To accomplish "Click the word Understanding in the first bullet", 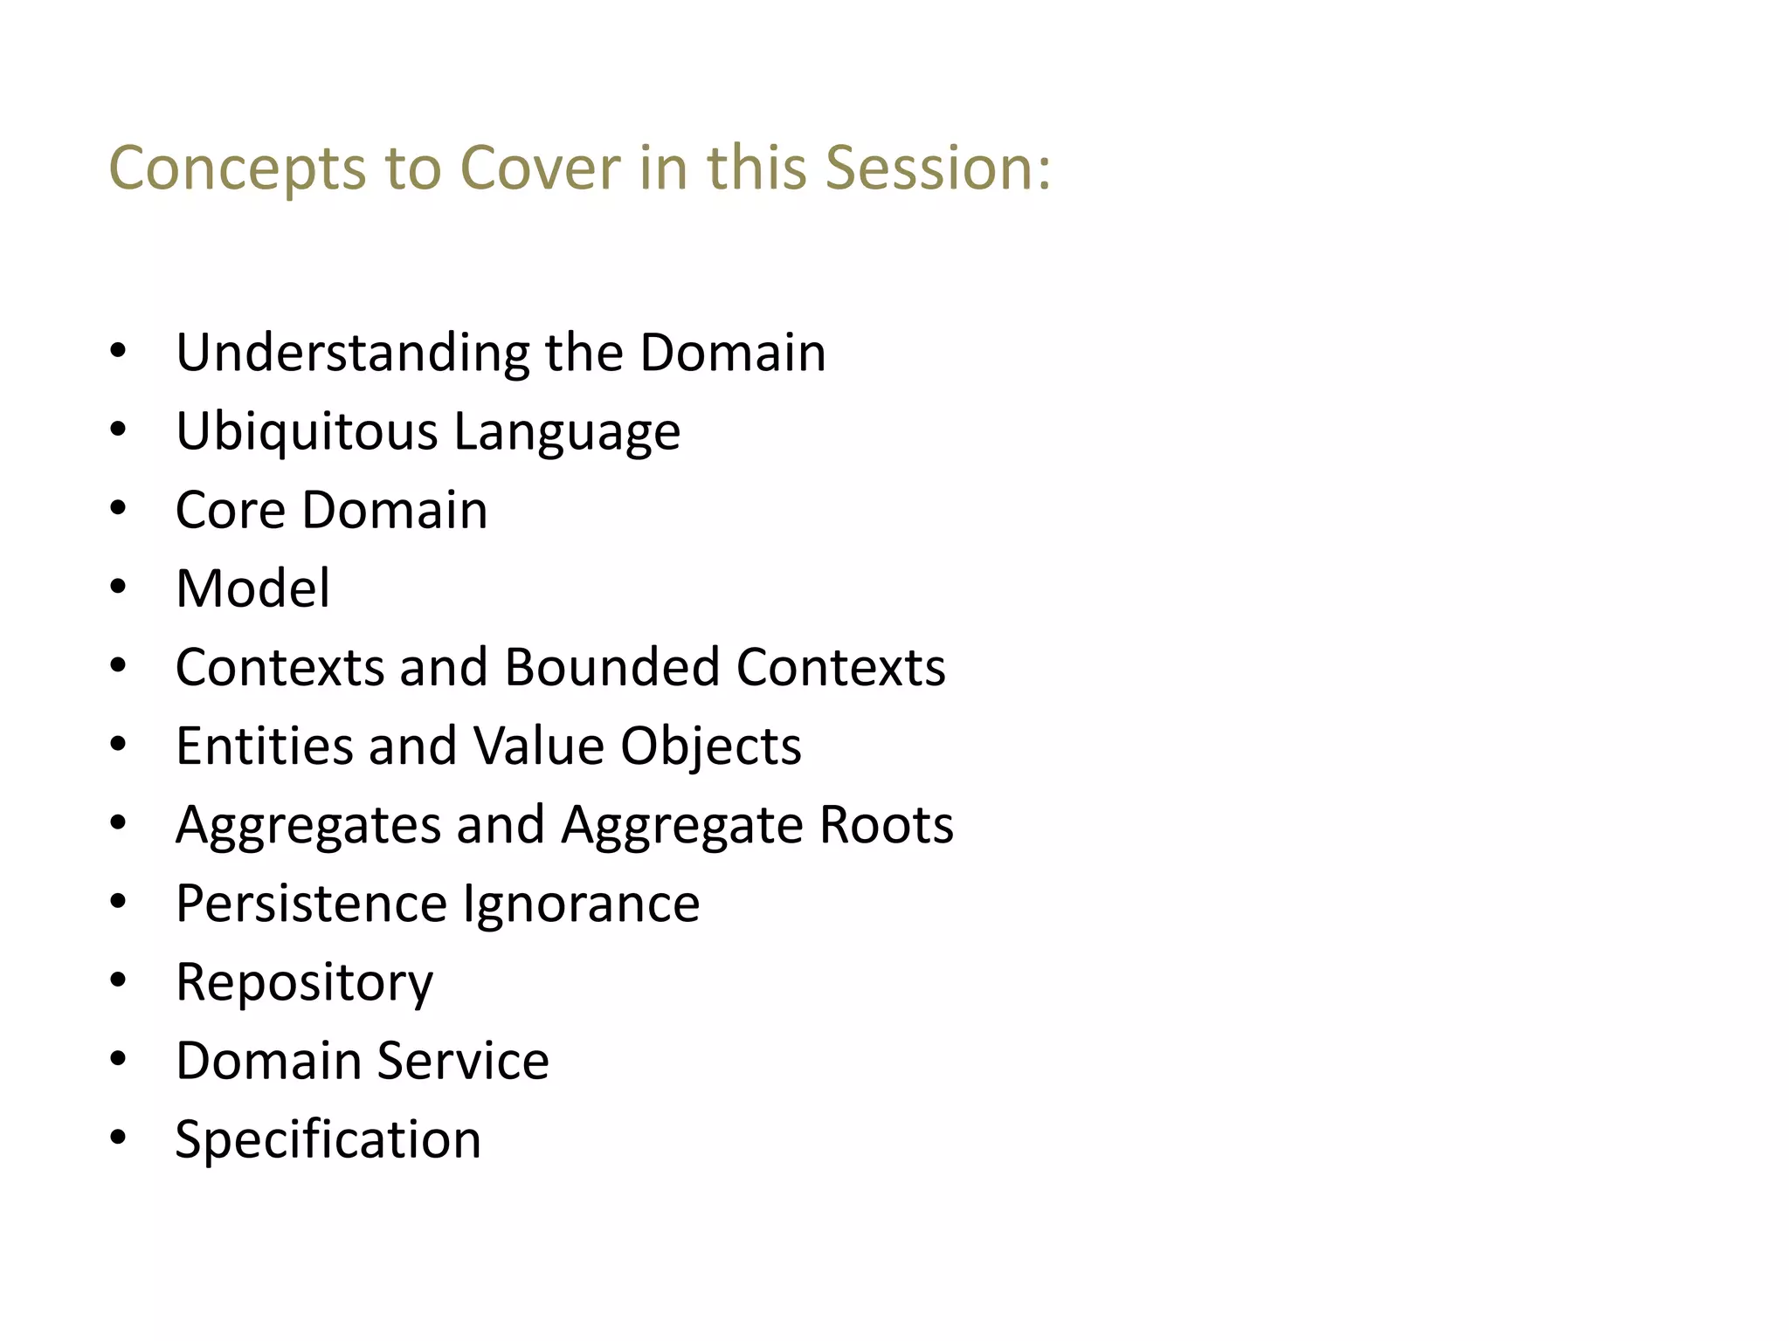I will tap(352, 353).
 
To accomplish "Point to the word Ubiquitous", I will tap(307, 431).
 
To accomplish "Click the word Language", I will tap(567, 431).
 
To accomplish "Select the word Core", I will tap(231, 510).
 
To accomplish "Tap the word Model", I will tap(252, 588).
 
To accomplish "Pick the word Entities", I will tap(264, 746).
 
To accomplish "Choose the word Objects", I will tap(710, 746).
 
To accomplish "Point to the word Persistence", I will tap(311, 904).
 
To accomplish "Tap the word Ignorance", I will tap(581, 904).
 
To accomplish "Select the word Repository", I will tap(304, 983).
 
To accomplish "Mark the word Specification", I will tap(328, 1140).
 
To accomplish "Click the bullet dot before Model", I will tap(119, 587).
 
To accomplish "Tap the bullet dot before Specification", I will tap(119, 1138).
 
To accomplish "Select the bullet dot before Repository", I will tap(119, 980).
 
